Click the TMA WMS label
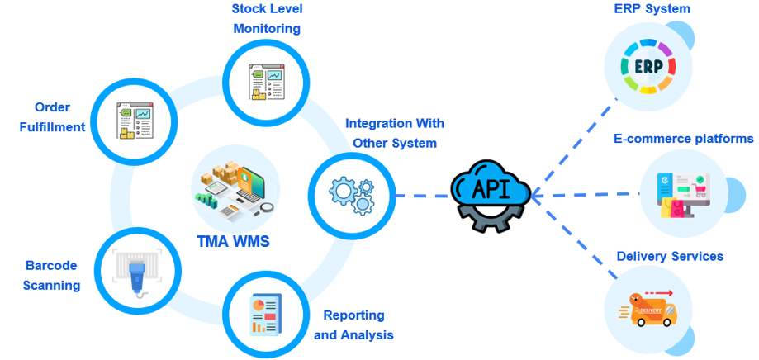click(234, 242)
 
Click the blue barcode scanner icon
click(136, 269)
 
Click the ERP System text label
click(652, 9)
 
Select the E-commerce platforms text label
click(683, 138)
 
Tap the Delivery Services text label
click(670, 256)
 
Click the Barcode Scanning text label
click(52, 275)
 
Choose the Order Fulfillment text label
click(53, 117)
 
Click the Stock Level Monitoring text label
click(266, 19)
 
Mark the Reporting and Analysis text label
click(353, 324)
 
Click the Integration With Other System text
click(394, 132)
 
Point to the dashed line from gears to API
click(421, 197)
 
